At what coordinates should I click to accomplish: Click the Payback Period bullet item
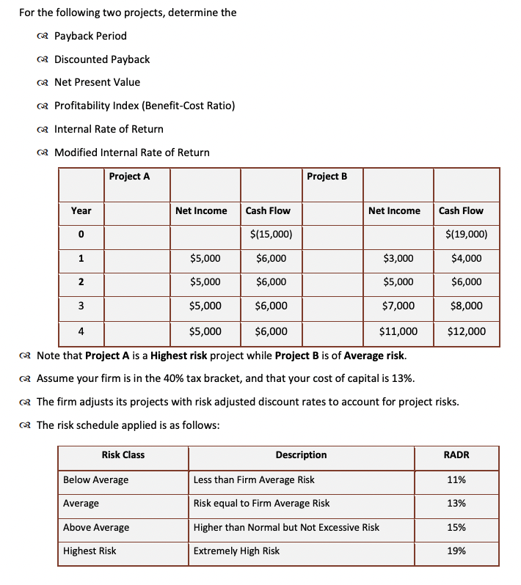90,36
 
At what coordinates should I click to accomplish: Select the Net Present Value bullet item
97,82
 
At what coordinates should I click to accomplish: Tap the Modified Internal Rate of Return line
131,152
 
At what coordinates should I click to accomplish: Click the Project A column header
129,176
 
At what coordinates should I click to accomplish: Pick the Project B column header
327,176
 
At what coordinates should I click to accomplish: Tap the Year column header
81,210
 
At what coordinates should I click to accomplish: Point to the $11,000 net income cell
398,331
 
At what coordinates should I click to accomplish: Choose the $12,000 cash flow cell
466,331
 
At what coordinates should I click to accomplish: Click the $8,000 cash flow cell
467,306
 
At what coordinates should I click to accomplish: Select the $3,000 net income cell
398,258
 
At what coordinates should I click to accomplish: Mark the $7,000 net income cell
398,306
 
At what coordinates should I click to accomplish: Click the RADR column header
456,455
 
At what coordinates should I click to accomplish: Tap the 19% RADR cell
456,551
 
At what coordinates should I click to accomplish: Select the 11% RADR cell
456,479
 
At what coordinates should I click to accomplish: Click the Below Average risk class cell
95,479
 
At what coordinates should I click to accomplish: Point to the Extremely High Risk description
236,551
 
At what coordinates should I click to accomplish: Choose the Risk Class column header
123,455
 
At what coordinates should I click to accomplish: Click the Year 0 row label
81,235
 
